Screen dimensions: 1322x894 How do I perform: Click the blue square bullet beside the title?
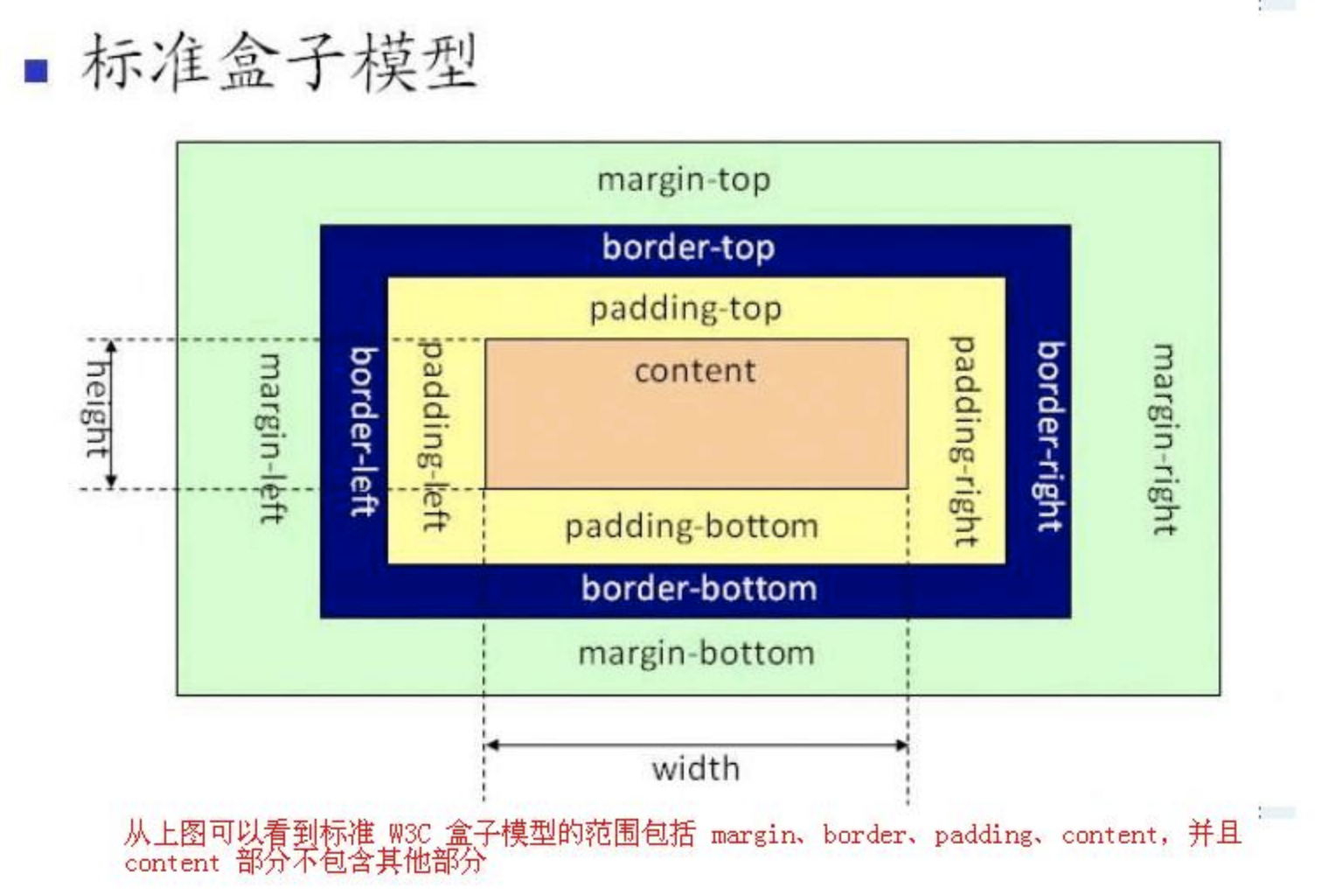(36, 71)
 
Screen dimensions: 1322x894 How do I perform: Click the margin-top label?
(684, 179)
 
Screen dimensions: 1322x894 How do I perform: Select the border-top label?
(688, 248)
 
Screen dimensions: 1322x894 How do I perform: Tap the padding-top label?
(685, 308)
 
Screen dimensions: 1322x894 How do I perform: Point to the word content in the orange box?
(695, 371)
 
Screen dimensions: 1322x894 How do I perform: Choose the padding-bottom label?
(692, 526)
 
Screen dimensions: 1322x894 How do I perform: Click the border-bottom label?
(699, 588)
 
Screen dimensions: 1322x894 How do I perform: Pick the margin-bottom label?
(696, 653)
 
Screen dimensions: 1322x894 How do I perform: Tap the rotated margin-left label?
(272, 438)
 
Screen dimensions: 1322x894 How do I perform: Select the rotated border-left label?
(364, 431)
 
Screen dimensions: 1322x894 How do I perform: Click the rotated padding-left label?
(435, 435)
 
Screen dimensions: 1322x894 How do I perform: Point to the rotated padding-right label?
(964, 441)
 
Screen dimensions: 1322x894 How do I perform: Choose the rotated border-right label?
(1052, 437)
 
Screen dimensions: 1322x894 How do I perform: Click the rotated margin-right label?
(1165, 439)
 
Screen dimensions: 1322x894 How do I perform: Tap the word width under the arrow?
(696, 768)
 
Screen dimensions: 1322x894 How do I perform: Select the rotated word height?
(96, 409)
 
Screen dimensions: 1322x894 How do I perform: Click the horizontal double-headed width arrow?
(696, 745)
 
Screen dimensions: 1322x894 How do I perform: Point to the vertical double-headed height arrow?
(111, 415)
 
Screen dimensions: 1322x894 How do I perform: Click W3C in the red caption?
(410, 834)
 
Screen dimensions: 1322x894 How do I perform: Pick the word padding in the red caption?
(984, 835)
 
